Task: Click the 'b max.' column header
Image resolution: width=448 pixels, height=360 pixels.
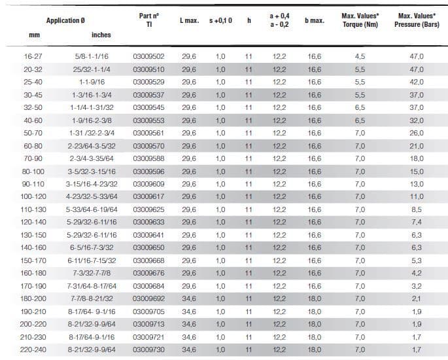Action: [315, 21]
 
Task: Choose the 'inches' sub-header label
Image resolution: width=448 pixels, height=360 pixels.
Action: [101, 35]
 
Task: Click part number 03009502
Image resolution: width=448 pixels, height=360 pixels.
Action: [148, 57]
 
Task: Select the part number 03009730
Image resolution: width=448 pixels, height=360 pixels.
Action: [148, 350]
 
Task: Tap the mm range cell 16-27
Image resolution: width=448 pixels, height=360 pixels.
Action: [33, 57]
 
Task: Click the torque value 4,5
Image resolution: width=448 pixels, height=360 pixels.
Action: [360, 57]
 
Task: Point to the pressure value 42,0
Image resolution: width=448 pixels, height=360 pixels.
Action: [417, 82]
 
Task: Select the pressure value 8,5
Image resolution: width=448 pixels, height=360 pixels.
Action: [417, 209]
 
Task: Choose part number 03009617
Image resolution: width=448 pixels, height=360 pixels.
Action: [148, 196]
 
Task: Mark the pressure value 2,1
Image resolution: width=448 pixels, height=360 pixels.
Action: [417, 298]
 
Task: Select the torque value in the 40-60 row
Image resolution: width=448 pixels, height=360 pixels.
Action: [360, 120]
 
